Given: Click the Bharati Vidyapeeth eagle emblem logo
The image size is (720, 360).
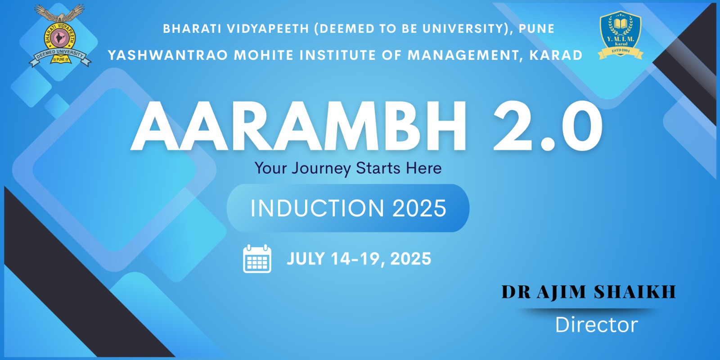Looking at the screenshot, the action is tap(60, 36).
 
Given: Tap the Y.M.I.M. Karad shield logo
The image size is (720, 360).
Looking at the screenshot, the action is tap(621, 35).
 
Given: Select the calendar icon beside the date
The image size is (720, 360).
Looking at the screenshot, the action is tap(257, 259).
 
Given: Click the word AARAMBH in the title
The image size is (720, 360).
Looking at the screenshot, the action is tap(298, 126).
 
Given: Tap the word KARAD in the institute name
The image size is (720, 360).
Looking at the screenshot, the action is tap(556, 55).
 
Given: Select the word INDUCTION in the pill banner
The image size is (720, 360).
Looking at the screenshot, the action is tap(317, 208).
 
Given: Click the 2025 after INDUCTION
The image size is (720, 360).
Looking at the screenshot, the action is tap(419, 208).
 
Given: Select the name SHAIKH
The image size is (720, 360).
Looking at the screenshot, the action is tap(635, 292).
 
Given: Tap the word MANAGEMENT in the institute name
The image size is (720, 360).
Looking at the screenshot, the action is tap(463, 55).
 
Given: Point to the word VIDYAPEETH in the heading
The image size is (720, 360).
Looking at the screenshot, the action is tap(268, 29).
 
